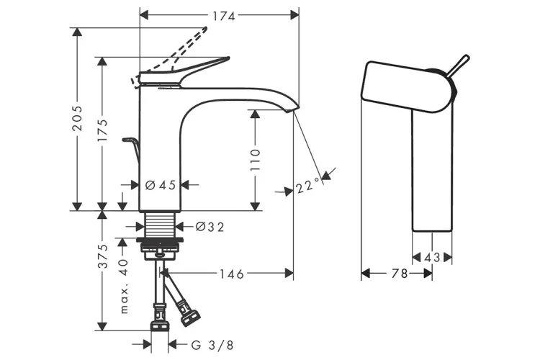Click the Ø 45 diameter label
(x=161, y=185)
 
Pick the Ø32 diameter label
(x=210, y=227)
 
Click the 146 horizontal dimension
(x=231, y=274)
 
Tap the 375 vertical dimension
(x=105, y=256)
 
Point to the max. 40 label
(x=123, y=287)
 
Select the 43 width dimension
(x=431, y=257)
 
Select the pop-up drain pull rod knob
(x=129, y=139)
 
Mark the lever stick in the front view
(x=458, y=65)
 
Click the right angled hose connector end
(x=191, y=315)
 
